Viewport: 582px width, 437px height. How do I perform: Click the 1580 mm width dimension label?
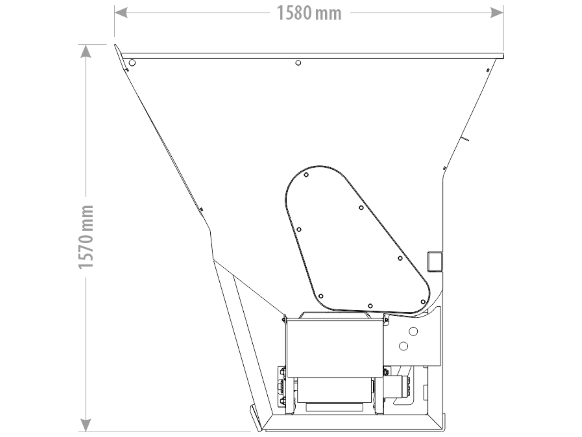309,13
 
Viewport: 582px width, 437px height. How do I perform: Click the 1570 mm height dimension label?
86,237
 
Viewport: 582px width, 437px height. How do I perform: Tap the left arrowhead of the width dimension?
121,12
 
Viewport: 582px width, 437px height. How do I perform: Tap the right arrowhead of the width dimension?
497,12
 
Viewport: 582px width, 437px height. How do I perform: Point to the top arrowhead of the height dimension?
85,51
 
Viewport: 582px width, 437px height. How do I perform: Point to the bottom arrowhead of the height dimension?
85,425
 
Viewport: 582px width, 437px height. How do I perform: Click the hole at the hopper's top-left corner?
132,63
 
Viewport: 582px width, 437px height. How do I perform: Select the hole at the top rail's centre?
298,63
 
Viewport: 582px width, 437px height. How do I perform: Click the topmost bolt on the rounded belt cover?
306,175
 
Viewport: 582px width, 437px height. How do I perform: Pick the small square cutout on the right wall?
435,262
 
